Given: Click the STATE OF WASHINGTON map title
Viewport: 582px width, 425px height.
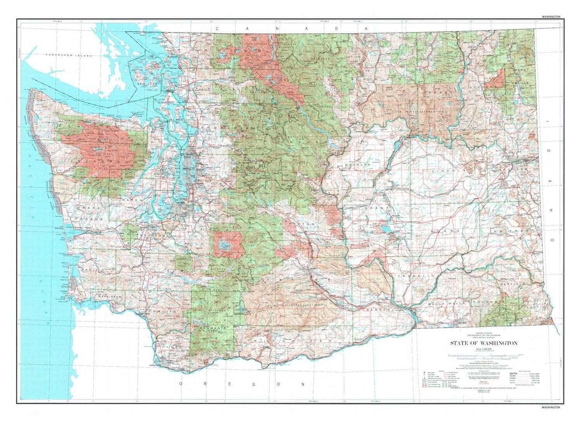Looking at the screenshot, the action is (483, 343).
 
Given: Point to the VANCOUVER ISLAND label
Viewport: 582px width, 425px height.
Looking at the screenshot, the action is (69, 56).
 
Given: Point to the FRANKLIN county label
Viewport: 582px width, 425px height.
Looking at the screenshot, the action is (415, 276).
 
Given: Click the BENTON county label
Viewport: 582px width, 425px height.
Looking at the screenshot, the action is (378, 310).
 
